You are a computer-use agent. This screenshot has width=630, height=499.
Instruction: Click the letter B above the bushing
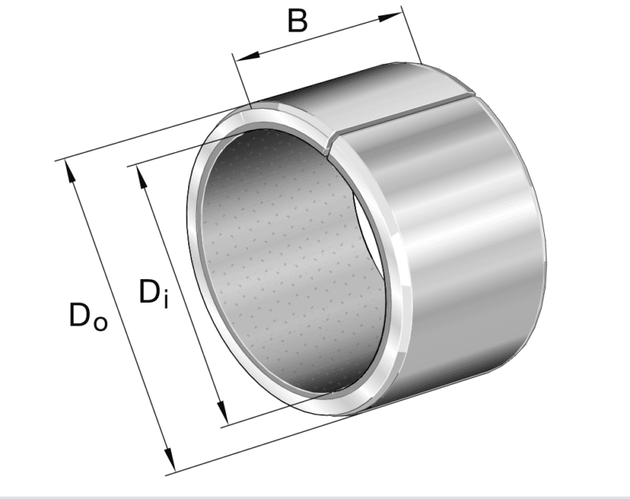[297, 21]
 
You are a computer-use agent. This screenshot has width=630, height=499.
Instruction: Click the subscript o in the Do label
[100, 322]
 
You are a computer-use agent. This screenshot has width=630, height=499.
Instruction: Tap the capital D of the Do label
[80, 315]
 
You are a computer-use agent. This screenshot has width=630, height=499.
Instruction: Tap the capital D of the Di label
[150, 292]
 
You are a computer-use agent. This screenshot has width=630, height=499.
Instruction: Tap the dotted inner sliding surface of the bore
[276, 252]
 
